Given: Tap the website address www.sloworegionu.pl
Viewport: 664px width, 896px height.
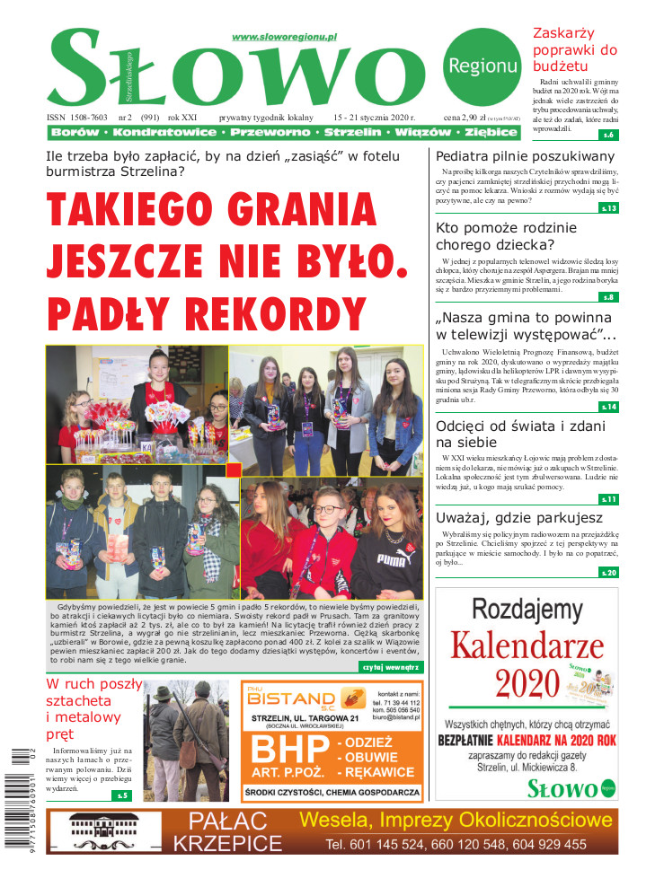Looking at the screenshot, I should pyautogui.click(x=283, y=37).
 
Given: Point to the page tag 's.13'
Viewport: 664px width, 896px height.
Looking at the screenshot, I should pyautogui.click(x=608, y=208).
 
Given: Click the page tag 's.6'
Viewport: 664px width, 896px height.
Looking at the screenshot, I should pyautogui.click(x=608, y=135).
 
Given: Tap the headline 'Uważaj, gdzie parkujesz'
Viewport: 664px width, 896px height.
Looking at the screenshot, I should pyautogui.click(x=519, y=517).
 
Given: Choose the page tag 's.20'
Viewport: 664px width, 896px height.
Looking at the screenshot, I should pyautogui.click(x=608, y=572).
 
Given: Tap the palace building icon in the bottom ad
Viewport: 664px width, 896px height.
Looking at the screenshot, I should pyautogui.click(x=104, y=831).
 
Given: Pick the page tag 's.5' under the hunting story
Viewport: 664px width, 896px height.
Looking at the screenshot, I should pyautogui.click(x=121, y=795).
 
